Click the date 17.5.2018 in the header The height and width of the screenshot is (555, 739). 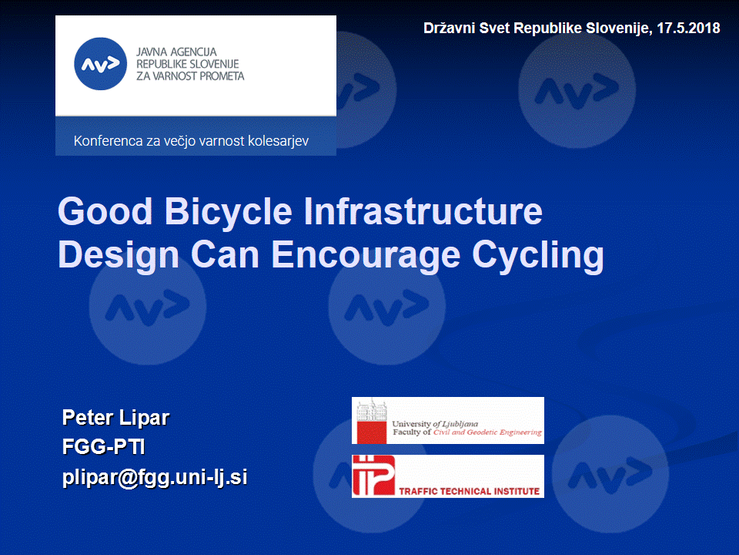pos(688,29)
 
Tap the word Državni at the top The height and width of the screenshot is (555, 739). pos(449,29)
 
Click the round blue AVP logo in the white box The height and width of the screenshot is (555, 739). pos(100,64)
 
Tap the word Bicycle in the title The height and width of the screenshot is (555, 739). pos(228,211)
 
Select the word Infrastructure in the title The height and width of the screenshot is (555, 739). pos(423,210)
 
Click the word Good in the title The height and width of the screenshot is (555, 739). pos(105,210)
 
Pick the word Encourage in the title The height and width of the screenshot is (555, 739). pos(365,255)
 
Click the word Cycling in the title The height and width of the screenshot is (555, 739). pos(538,255)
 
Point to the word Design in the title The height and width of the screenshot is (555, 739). pos(119,255)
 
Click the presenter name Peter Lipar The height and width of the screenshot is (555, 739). pos(115,418)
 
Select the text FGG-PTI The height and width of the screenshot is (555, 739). pos(104,446)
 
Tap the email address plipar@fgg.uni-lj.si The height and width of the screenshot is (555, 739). pos(155,477)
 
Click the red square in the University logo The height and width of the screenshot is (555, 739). pos(371,432)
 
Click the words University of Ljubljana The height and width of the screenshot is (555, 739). pos(435,424)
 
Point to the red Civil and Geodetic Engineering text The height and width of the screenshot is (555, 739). pos(487,432)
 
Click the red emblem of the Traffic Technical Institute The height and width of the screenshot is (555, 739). pos(373,476)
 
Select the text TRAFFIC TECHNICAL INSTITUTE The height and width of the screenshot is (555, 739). pos(469,491)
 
